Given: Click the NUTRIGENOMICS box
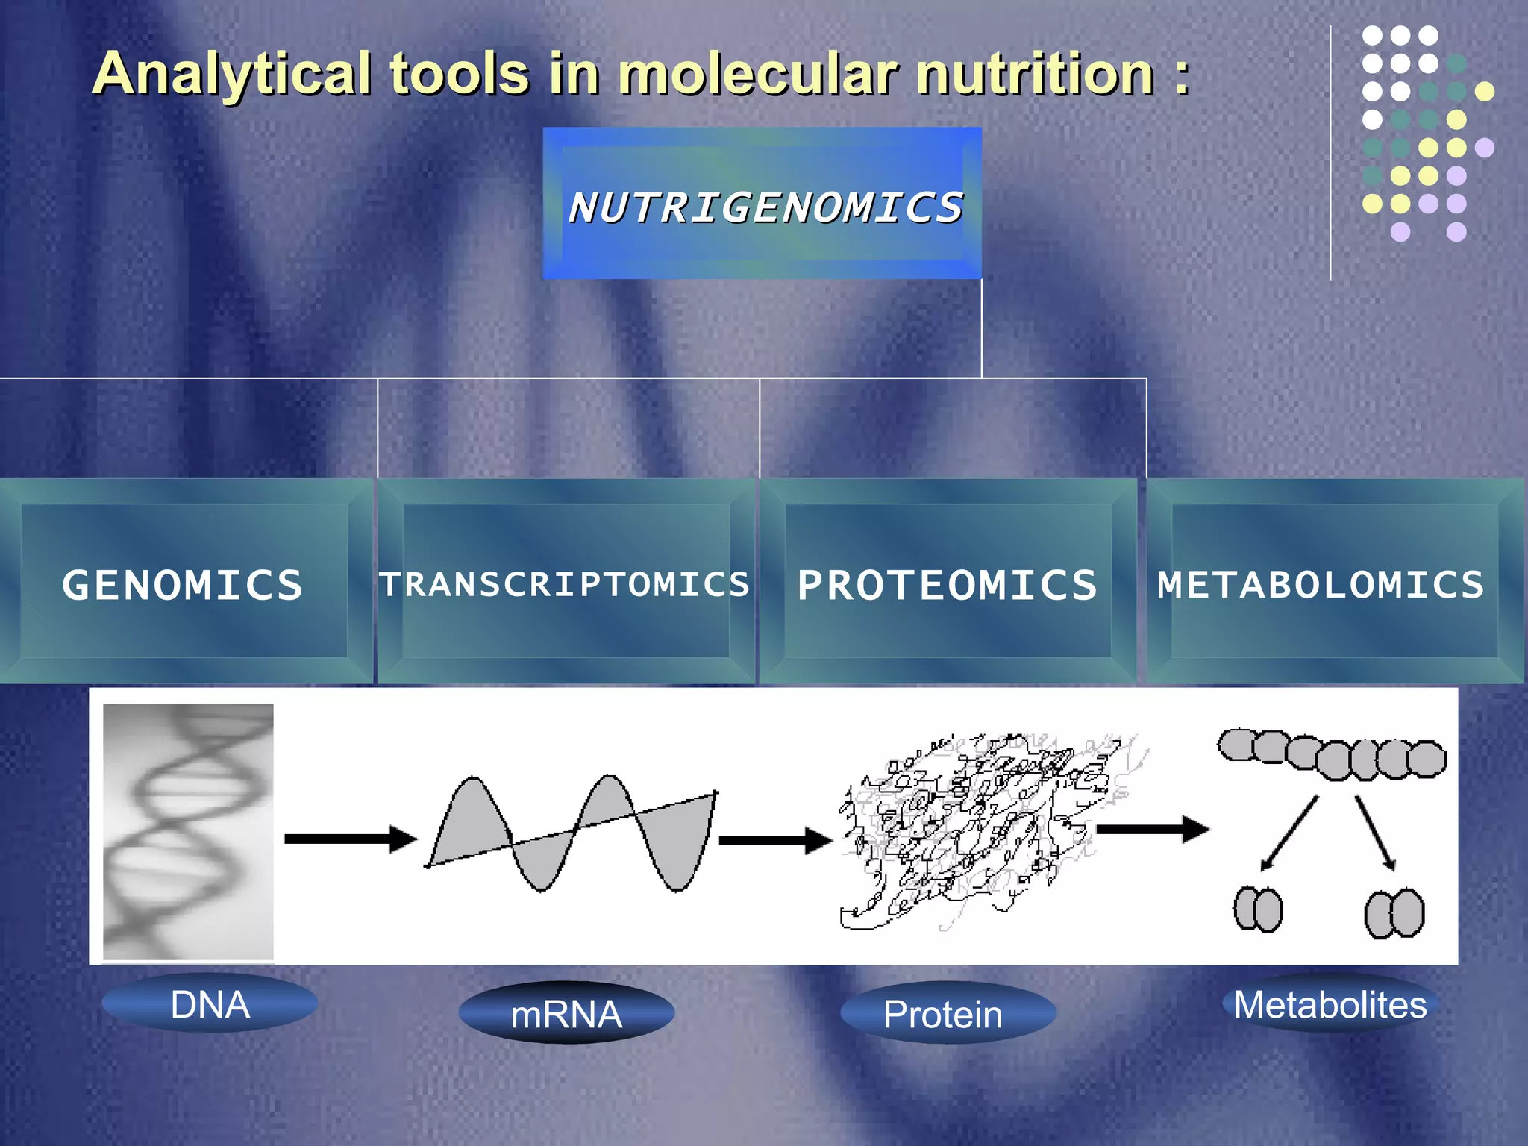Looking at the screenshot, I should pyautogui.click(x=763, y=204).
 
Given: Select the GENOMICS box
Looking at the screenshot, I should pyautogui.click(x=184, y=581).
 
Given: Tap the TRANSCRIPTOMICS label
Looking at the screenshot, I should pyautogui.click(x=565, y=584).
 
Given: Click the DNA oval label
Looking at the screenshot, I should pyautogui.click(x=210, y=1004).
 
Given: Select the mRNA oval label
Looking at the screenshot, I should pyautogui.click(x=566, y=1014).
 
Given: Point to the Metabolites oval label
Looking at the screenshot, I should pyautogui.click(x=1330, y=1004).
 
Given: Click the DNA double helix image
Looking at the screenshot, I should pyautogui.click(x=188, y=831).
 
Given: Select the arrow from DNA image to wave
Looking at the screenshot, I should pyautogui.click(x=350, y=839).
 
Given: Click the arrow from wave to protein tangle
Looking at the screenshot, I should pyautogui.click(x=774, y=840).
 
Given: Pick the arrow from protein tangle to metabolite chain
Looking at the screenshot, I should pyautogui.click(x=1152, y=829).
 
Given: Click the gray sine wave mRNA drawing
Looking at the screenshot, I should pyautogui.click(x=571, y=832).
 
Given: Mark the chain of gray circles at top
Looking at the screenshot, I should pyautogui.click(x=1333, y=754).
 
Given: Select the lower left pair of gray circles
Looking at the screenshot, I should pyautogui.click(x=1258, y=909).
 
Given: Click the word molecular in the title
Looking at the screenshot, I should pyautogui.click(x=758, y=75).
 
